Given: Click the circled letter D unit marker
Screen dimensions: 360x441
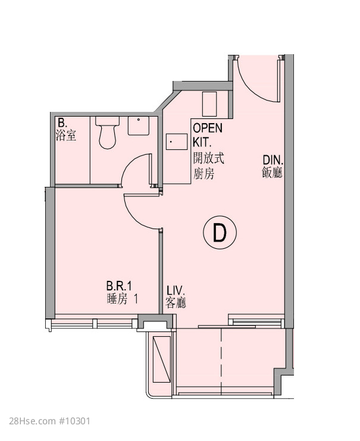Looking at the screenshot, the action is [x=220, y=232].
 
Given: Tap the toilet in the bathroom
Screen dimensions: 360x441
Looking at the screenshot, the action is [x=107, y=133].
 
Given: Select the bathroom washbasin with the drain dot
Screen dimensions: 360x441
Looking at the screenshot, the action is [x=139, y=126].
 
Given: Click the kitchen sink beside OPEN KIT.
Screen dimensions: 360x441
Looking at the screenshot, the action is [x=177, y=142].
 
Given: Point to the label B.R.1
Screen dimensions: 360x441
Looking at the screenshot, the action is [x=119, y=286].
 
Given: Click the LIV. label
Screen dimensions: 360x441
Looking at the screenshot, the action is [x=176, y=290].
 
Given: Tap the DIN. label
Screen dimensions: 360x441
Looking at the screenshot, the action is [x=273, y=160].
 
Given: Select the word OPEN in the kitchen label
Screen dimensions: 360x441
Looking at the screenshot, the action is [x=208, y=128].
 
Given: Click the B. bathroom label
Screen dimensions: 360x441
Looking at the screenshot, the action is [x=62, y=123].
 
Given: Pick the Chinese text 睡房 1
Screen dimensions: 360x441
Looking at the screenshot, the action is [x=123, y=299].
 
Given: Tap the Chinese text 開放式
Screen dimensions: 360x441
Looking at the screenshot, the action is [x=208, y=159].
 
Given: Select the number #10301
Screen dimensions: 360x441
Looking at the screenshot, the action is [x=74, y=421].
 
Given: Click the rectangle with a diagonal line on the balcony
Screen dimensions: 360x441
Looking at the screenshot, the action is [x=162, y=359].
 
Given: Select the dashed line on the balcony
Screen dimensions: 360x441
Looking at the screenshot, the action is [x=221, y=361].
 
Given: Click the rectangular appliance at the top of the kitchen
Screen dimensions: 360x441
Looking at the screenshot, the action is [x=209, y=104].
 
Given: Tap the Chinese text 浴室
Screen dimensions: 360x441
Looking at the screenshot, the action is [x=66, y=135].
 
